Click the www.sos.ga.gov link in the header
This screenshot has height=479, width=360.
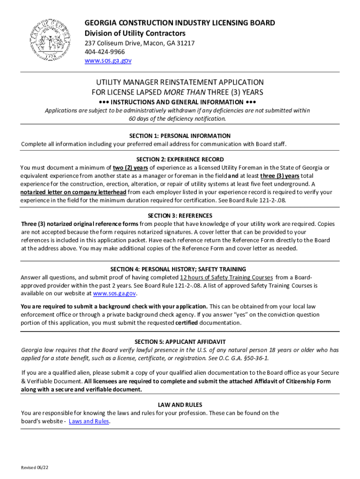point(108,60)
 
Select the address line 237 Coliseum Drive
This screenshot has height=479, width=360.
point(139,43)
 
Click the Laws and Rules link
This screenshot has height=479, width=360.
point(89,421)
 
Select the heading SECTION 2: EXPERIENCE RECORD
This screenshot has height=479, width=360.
point(180,160)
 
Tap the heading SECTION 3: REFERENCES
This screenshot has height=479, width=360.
point(180,216)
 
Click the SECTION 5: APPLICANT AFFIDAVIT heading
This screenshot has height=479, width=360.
point(180,342)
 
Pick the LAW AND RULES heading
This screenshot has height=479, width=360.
point(180,405)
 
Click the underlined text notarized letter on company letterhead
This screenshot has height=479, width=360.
point(73,192)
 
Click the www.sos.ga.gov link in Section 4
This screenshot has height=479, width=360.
point(115,293)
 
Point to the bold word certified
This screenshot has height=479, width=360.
point(187,323)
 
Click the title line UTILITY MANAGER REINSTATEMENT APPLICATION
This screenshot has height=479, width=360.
point(180,82)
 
